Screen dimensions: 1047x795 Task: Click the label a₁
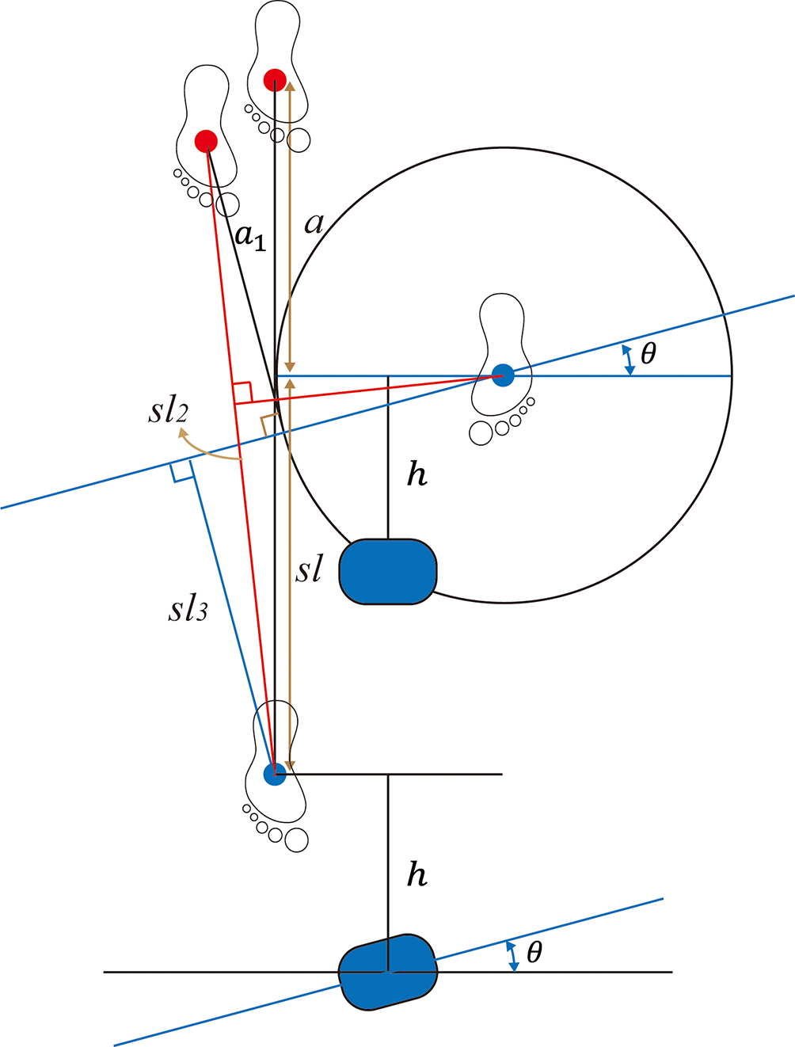point(250,237)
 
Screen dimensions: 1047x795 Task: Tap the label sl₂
point(168,411)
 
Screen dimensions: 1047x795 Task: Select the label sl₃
point(188,609)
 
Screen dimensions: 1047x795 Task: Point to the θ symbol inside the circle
point(648,353)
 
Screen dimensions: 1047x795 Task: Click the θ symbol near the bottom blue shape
point(534,952)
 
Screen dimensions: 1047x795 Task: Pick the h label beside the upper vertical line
point(417,474)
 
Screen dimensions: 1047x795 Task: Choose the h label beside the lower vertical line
point(417,875)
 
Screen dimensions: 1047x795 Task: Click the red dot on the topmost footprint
point(275,79)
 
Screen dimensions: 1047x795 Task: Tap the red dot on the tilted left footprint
point(206,141)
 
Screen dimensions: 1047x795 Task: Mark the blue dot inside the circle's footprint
point(502,375)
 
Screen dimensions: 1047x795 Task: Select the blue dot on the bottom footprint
point(274,774)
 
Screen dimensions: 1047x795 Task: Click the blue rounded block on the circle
point(388,571)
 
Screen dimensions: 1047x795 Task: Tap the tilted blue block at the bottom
point(388,972)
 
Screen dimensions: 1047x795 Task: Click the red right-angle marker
point(242,392)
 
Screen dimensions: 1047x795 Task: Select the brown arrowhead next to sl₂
point(183,432)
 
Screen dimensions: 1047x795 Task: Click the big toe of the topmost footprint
point(299,140)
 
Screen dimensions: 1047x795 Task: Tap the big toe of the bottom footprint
point(296,840)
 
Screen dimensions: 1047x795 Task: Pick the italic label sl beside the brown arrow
point(309,568)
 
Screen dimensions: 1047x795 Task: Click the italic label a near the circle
point(314,224)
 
